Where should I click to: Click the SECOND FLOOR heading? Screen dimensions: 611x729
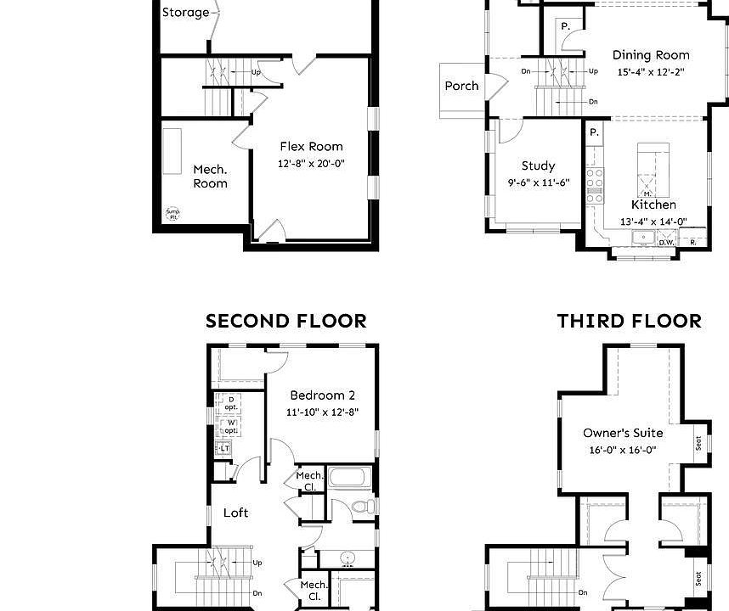click(x=286, y=321)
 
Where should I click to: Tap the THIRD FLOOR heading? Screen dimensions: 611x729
click(x=630, y=321)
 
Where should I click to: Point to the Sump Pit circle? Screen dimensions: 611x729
click(x=173, y=214)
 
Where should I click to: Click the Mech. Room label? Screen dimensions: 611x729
click(x=210, y=177)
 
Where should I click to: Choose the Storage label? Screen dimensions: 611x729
click(x=185, y=13)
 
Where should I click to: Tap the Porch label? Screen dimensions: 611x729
click(x=461, y=86)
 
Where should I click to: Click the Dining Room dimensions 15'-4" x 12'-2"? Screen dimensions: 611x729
click(x=651, y=72)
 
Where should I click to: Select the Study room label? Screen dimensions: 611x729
click(x=538, y=166)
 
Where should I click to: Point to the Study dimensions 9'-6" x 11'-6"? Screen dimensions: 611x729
click(x=538, y=182)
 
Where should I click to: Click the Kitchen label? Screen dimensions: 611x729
click(x=653, y=205)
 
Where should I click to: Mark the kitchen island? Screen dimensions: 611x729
click(x=653, y=170)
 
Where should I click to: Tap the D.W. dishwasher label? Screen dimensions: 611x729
click(x=668, y=243)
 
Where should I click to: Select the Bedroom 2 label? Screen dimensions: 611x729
click(x=322, y=395)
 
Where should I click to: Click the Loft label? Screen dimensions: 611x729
click(x=235, y=513)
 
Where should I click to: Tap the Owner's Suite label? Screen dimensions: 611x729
click(x=623, y=433)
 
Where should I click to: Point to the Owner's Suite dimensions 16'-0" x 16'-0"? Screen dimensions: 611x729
click(x=623, y=450)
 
